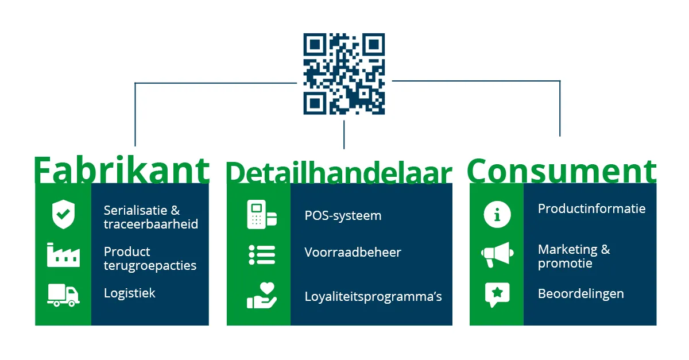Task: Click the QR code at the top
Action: point(344,73)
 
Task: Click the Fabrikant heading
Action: point(121,170)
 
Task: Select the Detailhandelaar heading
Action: point(339,172)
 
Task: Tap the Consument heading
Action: point(562,169)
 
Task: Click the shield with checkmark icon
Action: point(63,215)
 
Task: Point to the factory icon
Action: point(63,256)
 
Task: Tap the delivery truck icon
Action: point(63,295)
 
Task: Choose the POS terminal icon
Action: point(262,215)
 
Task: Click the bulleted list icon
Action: point(262,255)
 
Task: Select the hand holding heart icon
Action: point(262,296)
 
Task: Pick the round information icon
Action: point(497,215)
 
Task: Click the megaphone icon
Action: point(497,255)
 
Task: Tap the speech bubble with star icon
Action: point(497,295)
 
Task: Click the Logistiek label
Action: point(130,293)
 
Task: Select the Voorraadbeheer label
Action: point(353,253)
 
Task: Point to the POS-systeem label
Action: point(343,216)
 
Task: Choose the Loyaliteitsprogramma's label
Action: point(373,297)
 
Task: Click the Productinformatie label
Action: point(591,209)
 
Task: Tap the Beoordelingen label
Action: point(580,294)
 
